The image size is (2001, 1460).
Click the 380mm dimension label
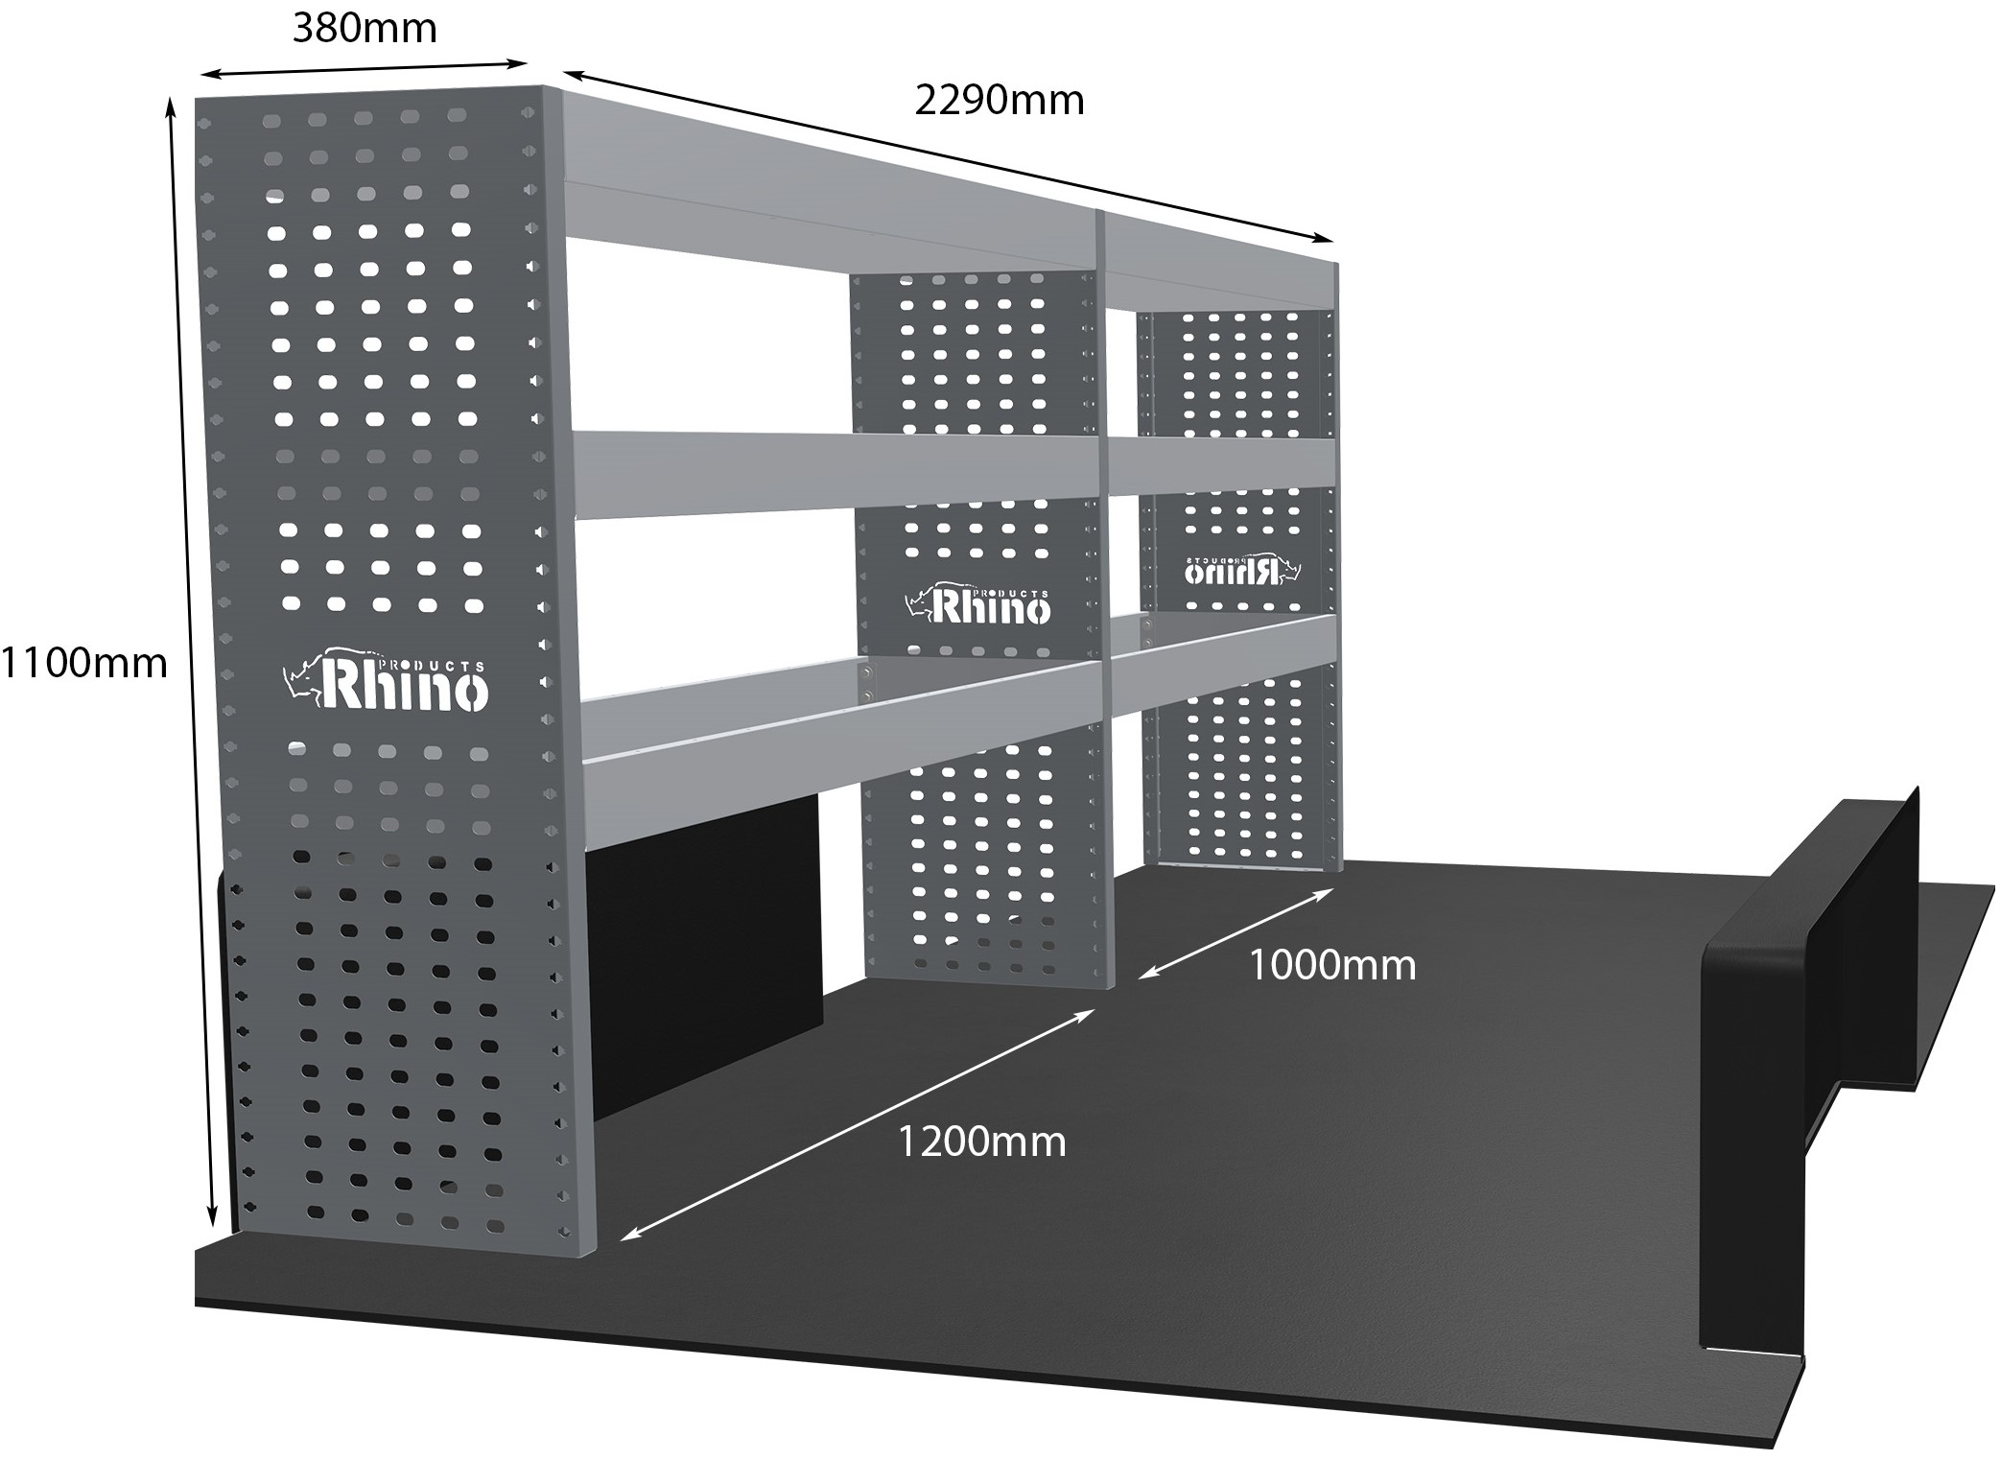[365, 29]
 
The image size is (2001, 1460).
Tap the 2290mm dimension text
[999, 101]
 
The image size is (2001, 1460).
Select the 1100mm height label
[84, 663]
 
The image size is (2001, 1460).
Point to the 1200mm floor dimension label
[981, 1142]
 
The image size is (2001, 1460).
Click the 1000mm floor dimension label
[1331, 965]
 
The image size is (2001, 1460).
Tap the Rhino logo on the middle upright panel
[978, 603]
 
